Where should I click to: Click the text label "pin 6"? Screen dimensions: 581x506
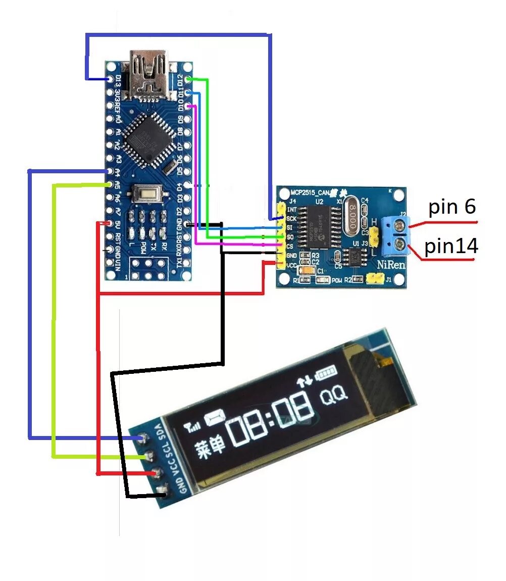click(452, 207)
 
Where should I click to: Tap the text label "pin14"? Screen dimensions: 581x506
click(451, 246)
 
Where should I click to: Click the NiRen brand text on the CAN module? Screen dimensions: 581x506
click(391, 265)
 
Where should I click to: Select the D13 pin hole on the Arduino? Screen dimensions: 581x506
click(111, 79)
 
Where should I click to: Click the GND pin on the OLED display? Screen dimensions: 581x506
click(163, 490)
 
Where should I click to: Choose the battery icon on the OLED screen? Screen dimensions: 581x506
click(325, 374)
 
